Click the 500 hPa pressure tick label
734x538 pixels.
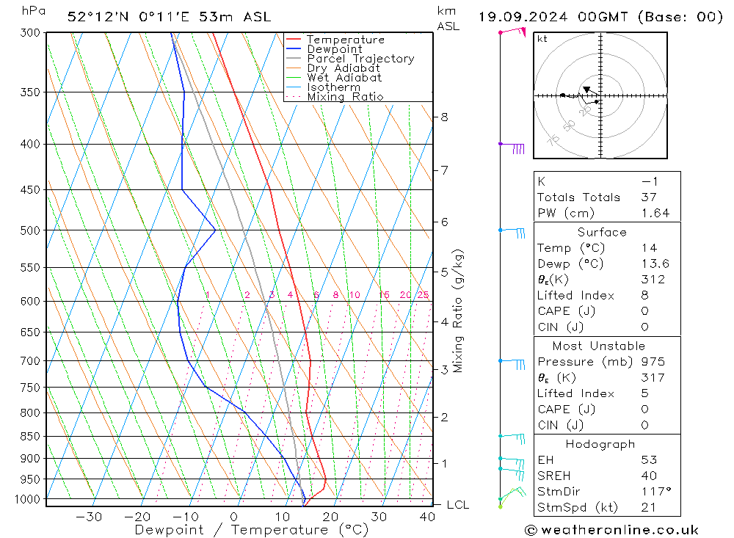[31, 230]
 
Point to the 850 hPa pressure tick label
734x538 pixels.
[31, 436]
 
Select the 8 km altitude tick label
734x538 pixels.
[445, 117]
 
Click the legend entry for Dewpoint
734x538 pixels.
[334, 49]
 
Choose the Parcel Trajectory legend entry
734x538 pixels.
[360, 59]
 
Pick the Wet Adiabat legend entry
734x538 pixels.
[344, 78]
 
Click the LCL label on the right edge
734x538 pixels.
[457, 505]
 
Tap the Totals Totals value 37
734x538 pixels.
[648, 197]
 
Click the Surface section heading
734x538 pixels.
[602, 233]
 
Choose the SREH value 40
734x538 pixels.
[648, 476]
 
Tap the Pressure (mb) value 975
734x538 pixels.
[653, 362]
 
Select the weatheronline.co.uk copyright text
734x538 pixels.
[611, 530]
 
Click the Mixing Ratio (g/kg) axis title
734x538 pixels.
[458, 311]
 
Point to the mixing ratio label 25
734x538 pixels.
[423, 295]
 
